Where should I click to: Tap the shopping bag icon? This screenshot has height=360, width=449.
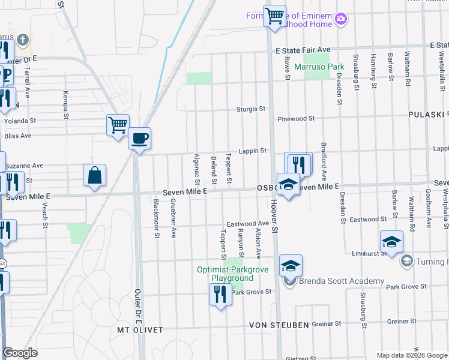click(x=95, y=175)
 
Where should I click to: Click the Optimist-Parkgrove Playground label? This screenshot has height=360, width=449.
click(x=225, y=274)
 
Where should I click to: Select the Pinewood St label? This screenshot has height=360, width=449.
click(x=295, y=119)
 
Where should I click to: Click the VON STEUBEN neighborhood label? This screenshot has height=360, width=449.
click(x=279, y=325)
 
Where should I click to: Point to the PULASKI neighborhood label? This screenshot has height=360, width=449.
click(x=427, y=114)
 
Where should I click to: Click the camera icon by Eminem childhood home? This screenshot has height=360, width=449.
click(x=341, y=19)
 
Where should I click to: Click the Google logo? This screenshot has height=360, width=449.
click(x=20, y=353)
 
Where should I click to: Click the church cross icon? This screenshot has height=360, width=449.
click(x=23, y=41)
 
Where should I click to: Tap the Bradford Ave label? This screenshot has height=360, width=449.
click(x=323, y=162)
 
